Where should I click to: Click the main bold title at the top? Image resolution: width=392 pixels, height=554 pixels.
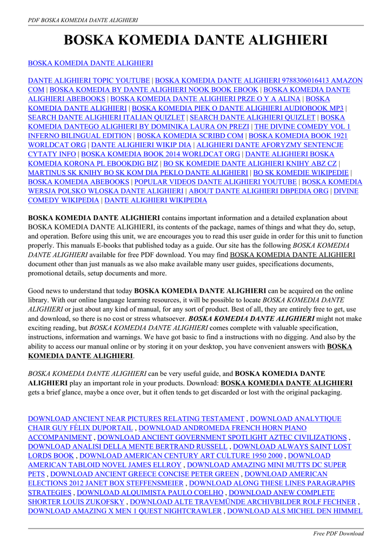point(196,40)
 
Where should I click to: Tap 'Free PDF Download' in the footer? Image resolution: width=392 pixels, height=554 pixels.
point(338,533)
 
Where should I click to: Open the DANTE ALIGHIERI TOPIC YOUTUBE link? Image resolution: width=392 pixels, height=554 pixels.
point(89,81)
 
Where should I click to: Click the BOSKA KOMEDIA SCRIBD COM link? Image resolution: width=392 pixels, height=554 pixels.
point(190,136)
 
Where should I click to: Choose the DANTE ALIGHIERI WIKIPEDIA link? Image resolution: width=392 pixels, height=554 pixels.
point(156,200)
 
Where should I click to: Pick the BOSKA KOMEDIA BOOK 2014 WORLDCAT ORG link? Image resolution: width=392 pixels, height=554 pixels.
point(161,154)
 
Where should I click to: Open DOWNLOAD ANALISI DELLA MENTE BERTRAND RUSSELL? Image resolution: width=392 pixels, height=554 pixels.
point(128,446)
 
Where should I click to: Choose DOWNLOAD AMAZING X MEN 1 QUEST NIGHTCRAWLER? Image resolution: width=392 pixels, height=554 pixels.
point(125,511)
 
